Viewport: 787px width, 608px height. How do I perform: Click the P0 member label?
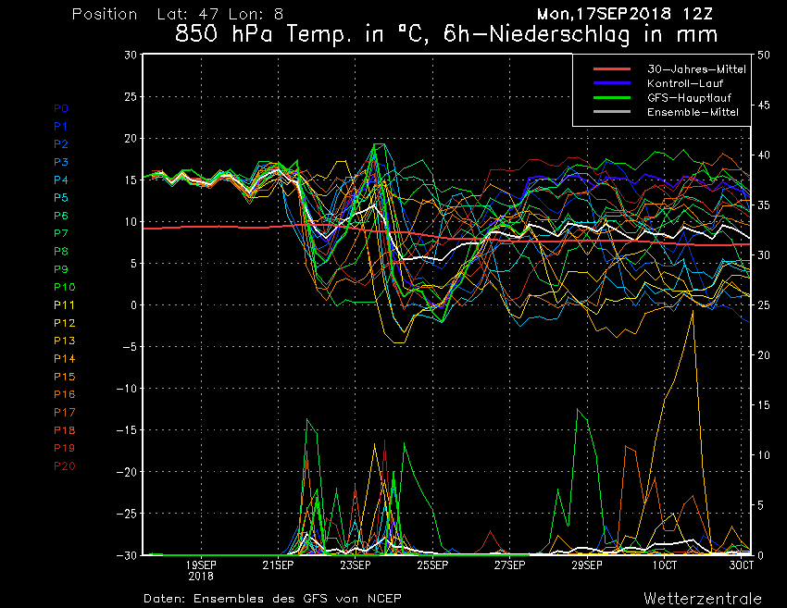pos(61,108)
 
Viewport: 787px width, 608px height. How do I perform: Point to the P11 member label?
pos(64,305)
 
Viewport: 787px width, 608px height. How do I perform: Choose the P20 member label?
pos(65,466)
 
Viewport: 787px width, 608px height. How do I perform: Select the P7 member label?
pos(61,233)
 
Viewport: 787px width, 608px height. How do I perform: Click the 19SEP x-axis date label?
pos(201,565)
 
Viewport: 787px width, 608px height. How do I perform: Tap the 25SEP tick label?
pos(432,565)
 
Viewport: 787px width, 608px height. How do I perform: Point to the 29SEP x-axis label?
pos(587,565)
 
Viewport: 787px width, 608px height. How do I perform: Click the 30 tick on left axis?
pos(131,56)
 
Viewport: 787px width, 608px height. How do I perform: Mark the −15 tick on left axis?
pos(126,430)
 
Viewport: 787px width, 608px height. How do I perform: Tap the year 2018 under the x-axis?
pos(201,576)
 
